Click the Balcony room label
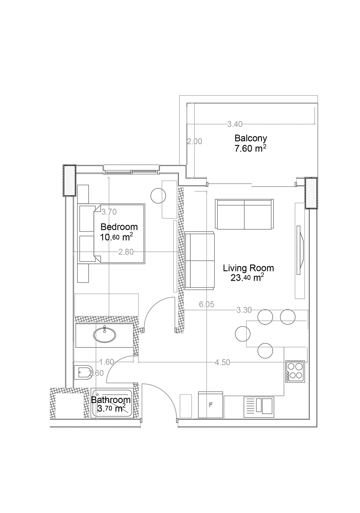(250, 138)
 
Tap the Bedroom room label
(119, 227)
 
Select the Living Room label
(248, 268)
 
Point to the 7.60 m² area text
(250, 149)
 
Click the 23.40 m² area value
(247, 278)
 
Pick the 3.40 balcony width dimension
(235, 124)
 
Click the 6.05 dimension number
(206, 304)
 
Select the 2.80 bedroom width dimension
(126, 252)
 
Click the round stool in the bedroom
(158, 195)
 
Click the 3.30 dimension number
(244, 310)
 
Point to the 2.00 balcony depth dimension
(195, 141)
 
